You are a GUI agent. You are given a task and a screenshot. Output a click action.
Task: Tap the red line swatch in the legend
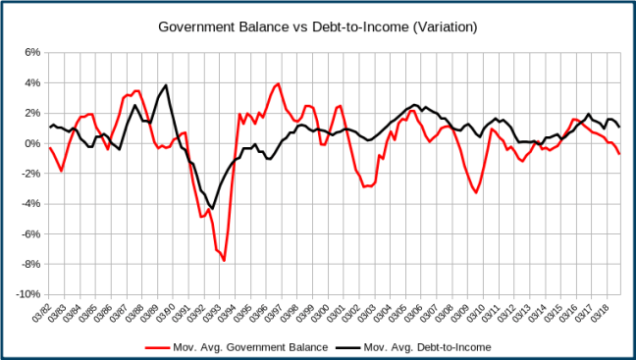click(156, 346)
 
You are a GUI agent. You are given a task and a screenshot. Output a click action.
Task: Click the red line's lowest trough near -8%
click(224, 261)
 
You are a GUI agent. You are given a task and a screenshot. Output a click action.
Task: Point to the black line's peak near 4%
click(167, 85)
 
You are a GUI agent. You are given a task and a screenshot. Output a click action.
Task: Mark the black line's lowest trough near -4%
click(212, 208)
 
